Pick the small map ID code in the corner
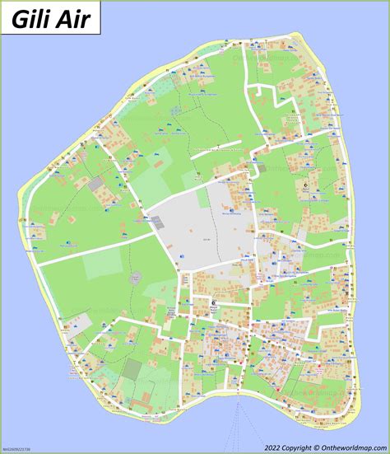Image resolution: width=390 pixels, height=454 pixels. [x=18, y=450]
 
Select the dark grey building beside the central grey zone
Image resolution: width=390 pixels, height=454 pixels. [x=156, y=221]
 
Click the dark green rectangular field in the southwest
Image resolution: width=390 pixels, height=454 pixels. [x=131, y=387]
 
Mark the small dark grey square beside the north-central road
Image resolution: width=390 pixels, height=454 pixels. [x=197, y=174]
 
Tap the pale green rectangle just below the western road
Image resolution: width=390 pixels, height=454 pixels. [x=102, y=264]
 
